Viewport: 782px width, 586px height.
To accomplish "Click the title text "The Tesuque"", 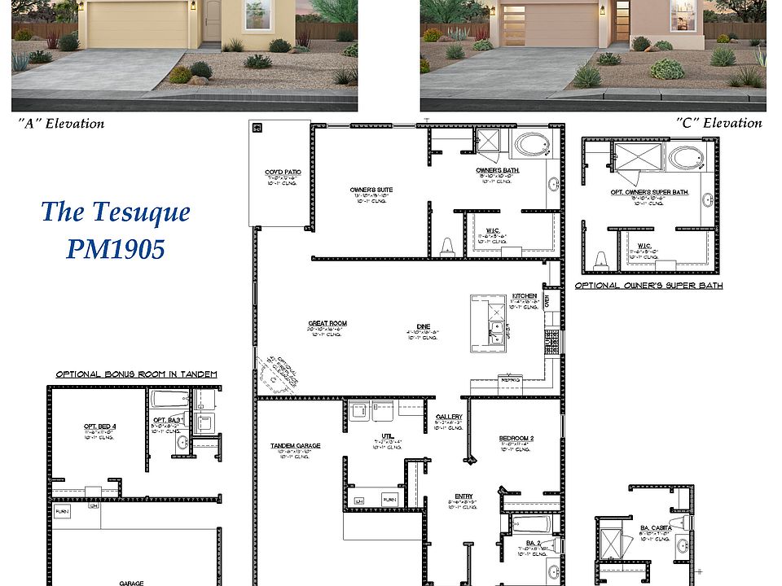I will click(x=116, y=212).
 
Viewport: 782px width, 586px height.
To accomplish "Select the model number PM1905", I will click(x=116, y=248).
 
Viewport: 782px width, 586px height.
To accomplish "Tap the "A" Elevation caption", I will click(x=61, y=124).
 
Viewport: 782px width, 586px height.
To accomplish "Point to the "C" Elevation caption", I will click(x=719, y=124).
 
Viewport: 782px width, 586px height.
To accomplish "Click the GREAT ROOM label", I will click(x=327, y=323).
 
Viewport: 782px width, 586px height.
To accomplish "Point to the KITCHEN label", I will click(x=524, y=295).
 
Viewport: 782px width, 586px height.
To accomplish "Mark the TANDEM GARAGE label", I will click(x=296, y=446).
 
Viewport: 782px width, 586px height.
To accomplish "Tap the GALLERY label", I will click(x=449, y=416).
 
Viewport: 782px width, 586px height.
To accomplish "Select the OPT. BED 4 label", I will click(x=100, y=426).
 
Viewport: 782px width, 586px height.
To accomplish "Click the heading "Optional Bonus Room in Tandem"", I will click(x=136, y=374).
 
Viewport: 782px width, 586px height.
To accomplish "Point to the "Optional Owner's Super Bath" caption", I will click(x=648, y=286).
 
